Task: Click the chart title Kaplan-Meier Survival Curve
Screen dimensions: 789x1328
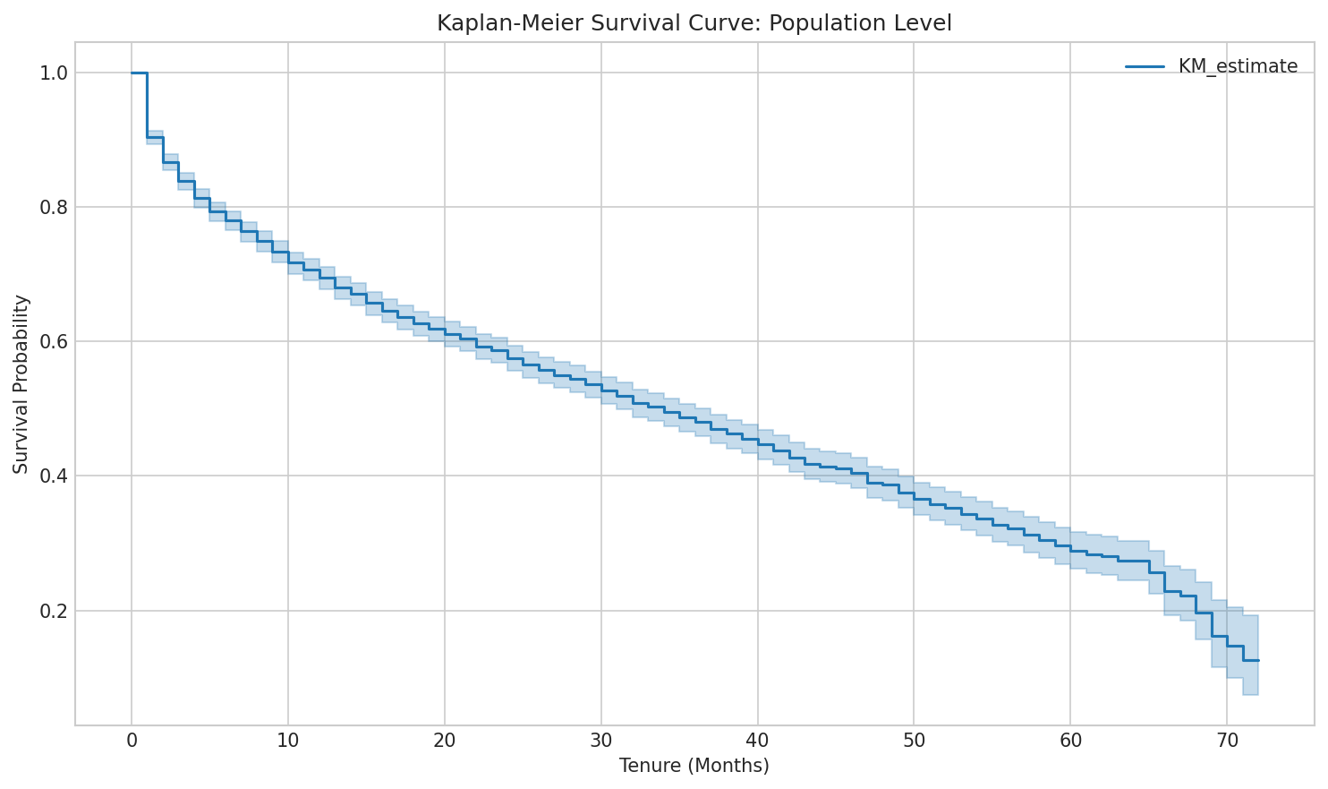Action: pyautogui.click(x=694, y=23)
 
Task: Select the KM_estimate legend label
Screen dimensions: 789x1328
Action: pyautogui.click(x=1238, y=66)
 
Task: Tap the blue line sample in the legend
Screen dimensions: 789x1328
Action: pyautogui.click(x=1145, y=66)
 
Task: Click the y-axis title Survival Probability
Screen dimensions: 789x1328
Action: pyautogui.click(x=21, y=384)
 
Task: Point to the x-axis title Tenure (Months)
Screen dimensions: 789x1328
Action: pyautogui.click(x=694, y=766)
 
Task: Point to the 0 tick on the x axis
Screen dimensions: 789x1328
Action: pyautogui.click(x=132, y=741)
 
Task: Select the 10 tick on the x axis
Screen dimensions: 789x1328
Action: pyautogui.click(x=288, y=741)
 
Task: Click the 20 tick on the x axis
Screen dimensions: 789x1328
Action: pyautogui.click(x=445, y=741)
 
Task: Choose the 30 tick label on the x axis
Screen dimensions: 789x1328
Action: pyautogui.click(x=600, y=741)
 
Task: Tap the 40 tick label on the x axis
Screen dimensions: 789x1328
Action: pyautogui.click(x=757, y=741)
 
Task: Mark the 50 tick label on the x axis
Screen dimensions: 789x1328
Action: pyautogui.click(x=914, y=741)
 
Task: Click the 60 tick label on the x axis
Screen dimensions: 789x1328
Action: pyautogui.click(x=1070, y=741)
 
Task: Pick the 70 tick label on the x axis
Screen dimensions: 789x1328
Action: pyautogui.click(x=1226, y=741)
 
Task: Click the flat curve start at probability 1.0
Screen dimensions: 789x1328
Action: pyautogui.click(x=139, y=73)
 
